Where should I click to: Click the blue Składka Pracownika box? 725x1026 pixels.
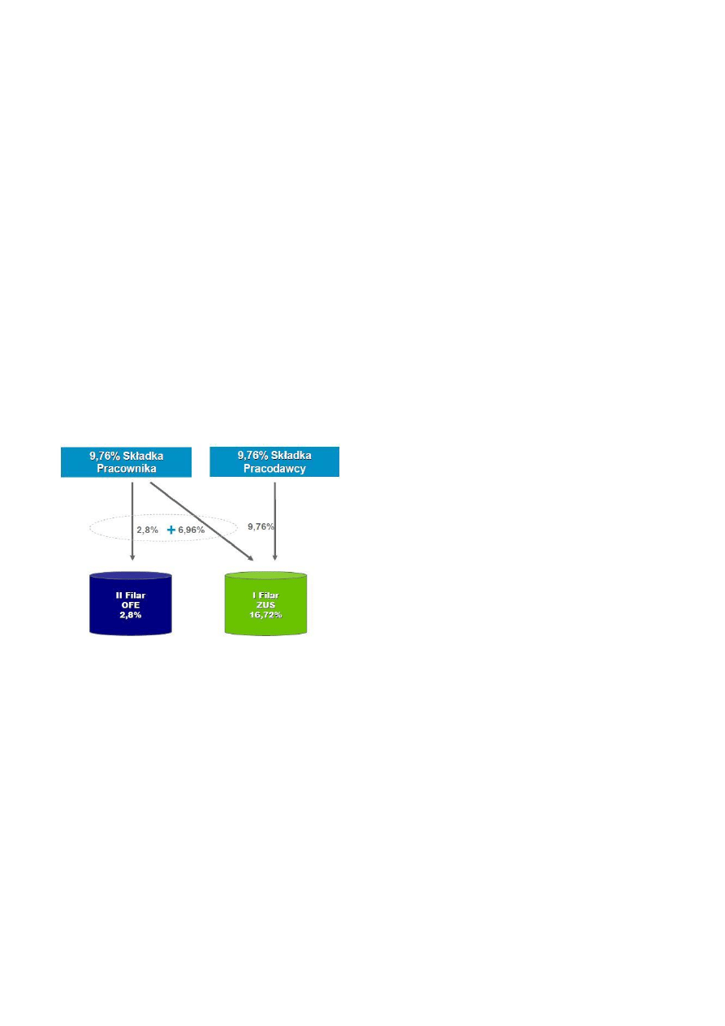[126, 462]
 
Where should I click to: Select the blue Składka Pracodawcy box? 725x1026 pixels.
[274, 461]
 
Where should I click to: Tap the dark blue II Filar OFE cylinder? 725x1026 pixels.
[131, 604]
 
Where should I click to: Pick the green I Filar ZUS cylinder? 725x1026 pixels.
[265, 604]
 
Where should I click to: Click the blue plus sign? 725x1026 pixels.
[171, 530]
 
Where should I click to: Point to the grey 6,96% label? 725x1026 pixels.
[192, 530]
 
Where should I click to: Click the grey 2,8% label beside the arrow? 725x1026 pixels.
[148, 530]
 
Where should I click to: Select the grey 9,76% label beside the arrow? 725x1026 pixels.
[261, 526]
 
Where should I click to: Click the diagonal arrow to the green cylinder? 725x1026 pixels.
[202, 522]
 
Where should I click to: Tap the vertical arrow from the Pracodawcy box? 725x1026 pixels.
[274, 522]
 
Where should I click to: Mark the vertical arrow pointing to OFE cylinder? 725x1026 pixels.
[132, 522]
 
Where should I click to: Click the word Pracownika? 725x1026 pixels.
[127, 469]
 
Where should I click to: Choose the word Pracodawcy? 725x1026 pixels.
[274, 469]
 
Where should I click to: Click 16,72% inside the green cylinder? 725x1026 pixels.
[265, 615]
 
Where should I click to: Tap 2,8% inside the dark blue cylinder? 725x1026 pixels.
[131, 615]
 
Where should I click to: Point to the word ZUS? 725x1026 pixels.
[265, 605]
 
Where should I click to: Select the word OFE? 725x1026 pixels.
[131, 605]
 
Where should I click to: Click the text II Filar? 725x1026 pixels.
[131, 595]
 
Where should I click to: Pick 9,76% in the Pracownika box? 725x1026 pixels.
[105, 457]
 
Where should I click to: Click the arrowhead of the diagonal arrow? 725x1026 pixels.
[251, 558]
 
